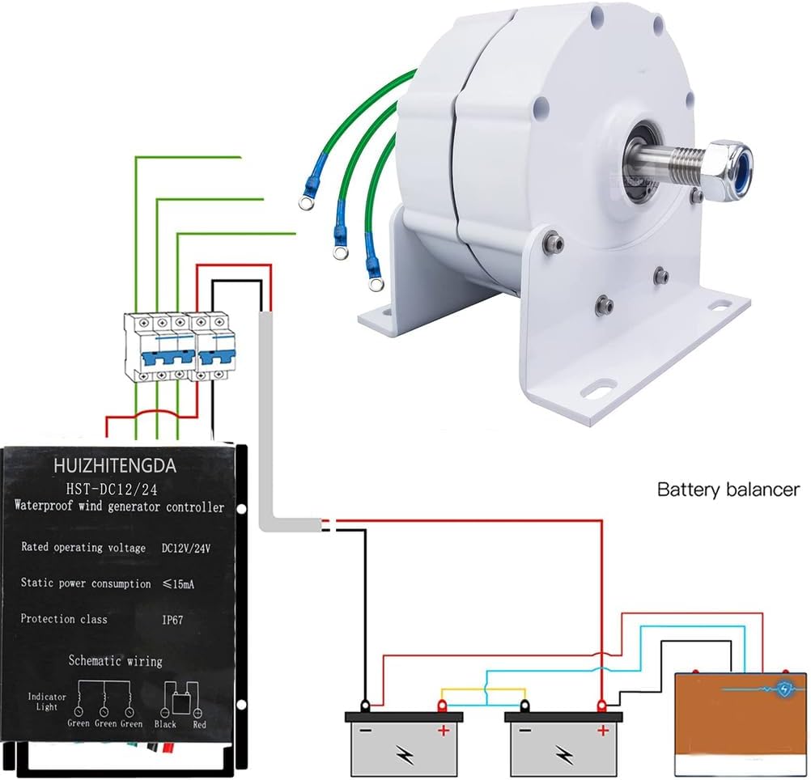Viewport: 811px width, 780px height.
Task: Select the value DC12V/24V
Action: coord(186,548)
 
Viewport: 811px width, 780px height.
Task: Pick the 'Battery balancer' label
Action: coord(728,490)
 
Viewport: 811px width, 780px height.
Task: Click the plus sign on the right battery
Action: coord(601,731)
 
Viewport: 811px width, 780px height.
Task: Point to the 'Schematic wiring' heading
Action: coord(115,661)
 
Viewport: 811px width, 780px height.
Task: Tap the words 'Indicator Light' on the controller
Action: coord(41,701)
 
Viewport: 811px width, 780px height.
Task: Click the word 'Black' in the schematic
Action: coord(165,724)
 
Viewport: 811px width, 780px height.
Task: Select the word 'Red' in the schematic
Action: coord(199,724)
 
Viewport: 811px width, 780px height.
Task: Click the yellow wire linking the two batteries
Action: coord(482,689)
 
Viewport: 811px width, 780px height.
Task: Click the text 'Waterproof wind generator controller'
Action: coord(119,508)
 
